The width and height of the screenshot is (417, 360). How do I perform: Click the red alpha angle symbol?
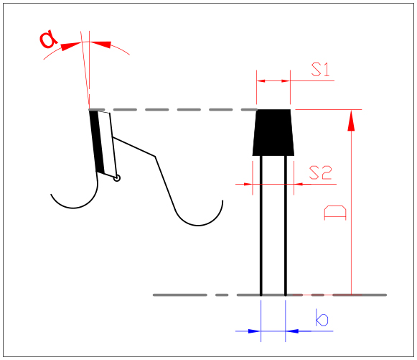(48, 40)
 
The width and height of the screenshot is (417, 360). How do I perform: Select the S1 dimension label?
(320, 70)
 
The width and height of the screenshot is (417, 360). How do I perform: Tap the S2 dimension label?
(320, 172)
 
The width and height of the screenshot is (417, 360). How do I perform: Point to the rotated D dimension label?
(335, 213)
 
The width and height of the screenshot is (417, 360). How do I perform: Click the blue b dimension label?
(322, 318)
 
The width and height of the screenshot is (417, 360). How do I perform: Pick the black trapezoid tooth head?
(273, 132)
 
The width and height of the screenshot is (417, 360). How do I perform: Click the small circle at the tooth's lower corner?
(117, 178)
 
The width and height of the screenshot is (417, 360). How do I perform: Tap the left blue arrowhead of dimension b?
(254, 331)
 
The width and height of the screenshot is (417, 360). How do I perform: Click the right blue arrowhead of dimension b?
(292, 331)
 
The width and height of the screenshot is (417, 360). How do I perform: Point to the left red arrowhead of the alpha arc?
(70, 46)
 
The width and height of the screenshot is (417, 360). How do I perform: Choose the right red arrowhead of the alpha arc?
(100, 45)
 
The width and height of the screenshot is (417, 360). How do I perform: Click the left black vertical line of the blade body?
(261, 226)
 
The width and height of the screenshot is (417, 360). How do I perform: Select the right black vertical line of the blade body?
(286, 226)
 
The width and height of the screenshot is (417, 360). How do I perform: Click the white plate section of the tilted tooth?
(108, 144)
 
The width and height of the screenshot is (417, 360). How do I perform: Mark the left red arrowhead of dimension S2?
(248, 184)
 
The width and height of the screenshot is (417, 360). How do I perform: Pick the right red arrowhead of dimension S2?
(299, 184)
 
